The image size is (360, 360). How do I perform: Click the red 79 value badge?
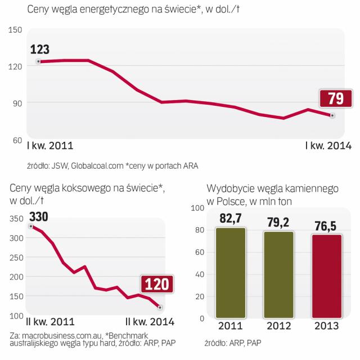click(335, 99)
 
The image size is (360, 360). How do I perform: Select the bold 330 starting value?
click(38, 217)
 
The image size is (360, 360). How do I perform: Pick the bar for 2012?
click(278, 274)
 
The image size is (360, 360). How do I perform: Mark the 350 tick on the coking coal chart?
click(16, 219)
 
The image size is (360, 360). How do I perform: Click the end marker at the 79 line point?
click(332, 115)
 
